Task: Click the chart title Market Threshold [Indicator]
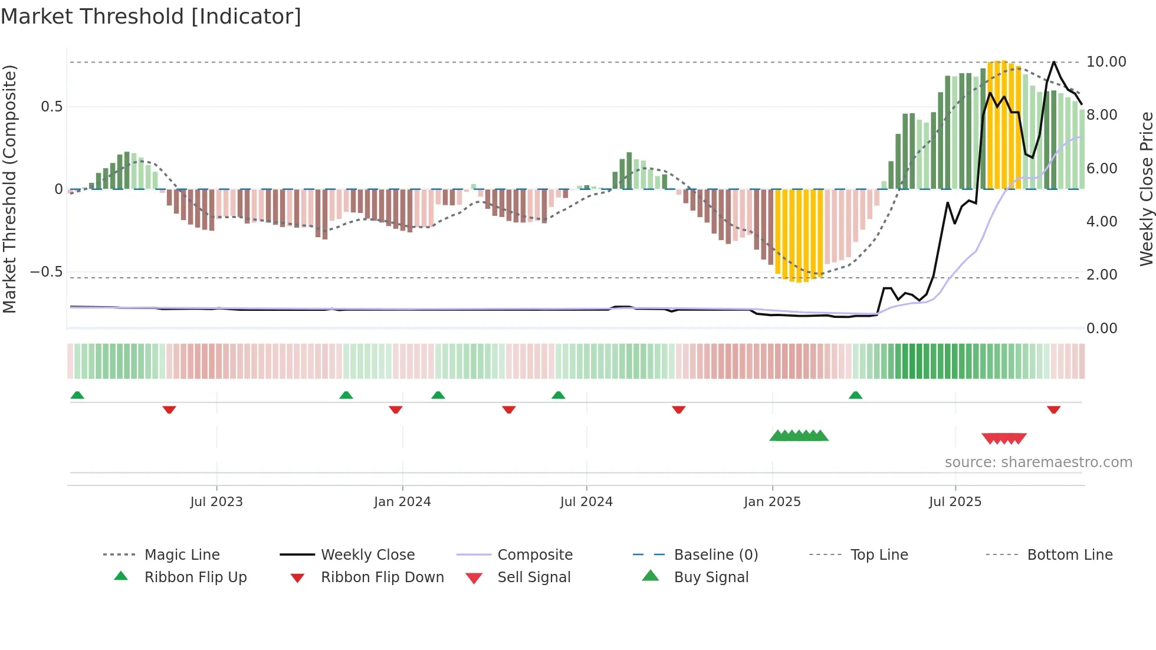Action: [151, 17]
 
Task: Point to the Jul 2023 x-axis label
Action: [216, 502]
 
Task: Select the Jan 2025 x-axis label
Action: [772, 502]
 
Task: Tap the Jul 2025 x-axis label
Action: [955, 502]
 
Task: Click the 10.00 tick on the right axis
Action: [1106, 62]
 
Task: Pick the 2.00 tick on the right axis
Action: [1102, 275]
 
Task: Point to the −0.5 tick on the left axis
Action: [46, 272]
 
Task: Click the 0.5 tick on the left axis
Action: [51, 107]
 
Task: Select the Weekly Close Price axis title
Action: [1146, 189]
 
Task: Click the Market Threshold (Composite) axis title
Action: [10, 189]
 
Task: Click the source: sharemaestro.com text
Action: [1038, 462]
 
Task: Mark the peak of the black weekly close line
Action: [1054, 62]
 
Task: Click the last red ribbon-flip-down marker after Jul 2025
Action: [1054, 409]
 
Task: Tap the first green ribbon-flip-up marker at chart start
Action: [77, 395]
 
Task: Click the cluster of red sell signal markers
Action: [1004, 438]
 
